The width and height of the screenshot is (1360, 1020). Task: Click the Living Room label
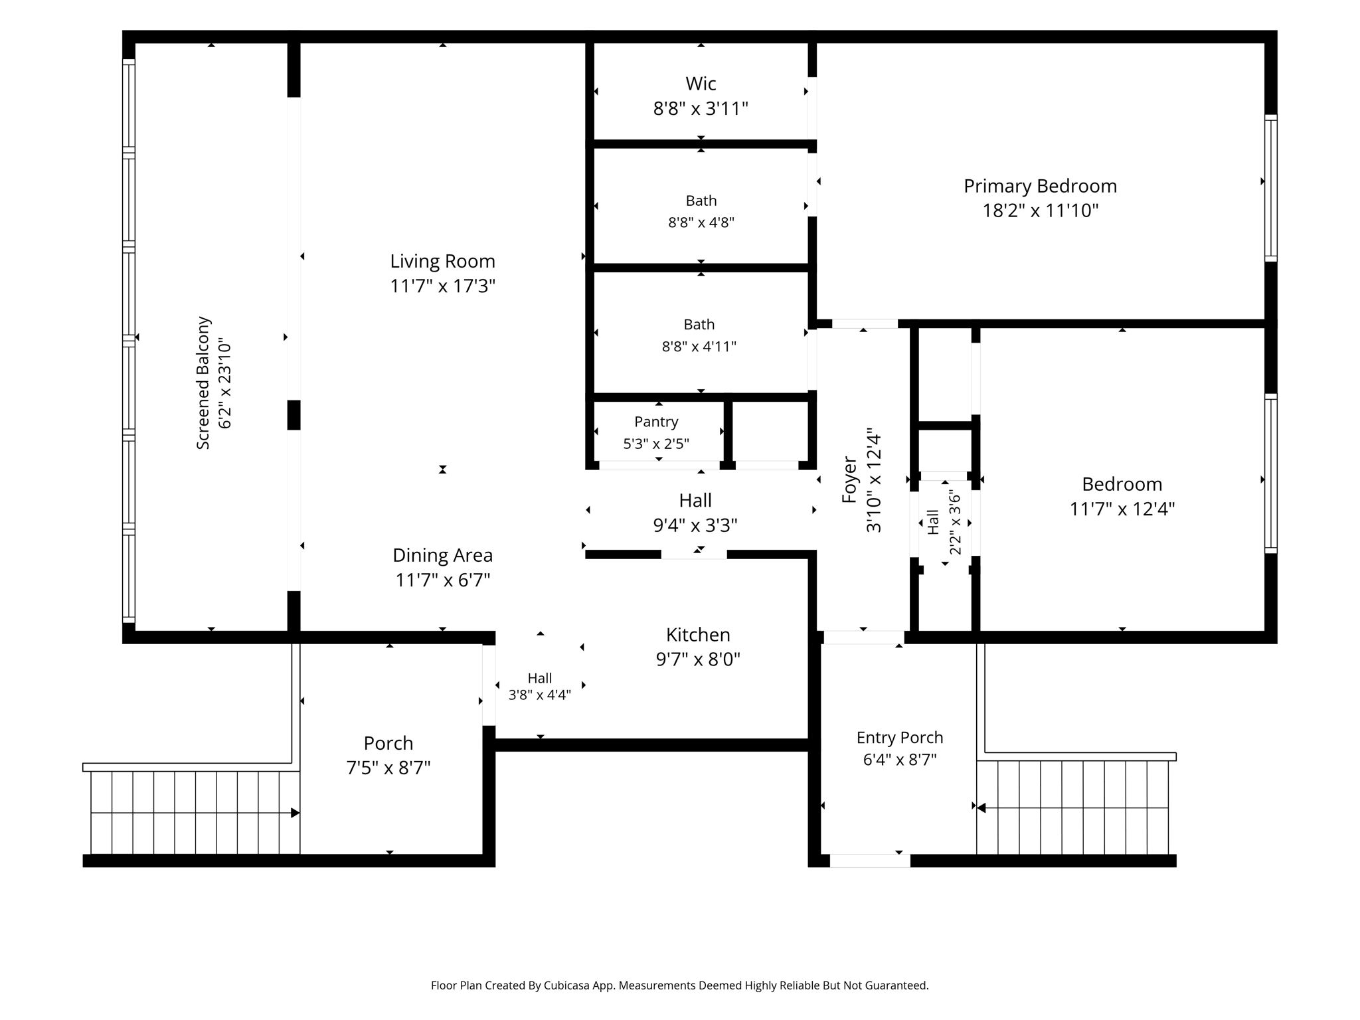point(442,261)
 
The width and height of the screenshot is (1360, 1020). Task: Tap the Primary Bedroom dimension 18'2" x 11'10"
point(1041,211)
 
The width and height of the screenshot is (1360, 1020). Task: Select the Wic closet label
point(701,84)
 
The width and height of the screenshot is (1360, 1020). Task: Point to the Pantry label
point(656,422)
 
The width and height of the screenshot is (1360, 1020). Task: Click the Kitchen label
point(698,635)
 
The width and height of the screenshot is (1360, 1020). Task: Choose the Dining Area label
point(442,555)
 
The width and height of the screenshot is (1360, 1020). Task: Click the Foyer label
point(849,479)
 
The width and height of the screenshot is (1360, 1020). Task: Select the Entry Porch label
point(900,738)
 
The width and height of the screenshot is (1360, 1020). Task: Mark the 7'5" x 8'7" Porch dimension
point(388,768)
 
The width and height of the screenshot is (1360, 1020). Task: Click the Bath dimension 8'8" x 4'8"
point(701,222)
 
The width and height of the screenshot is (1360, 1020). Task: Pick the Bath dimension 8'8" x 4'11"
point(699,347)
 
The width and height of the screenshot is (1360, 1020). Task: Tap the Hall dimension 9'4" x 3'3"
point(695,525)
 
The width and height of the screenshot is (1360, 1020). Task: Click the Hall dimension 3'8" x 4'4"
point(540,695)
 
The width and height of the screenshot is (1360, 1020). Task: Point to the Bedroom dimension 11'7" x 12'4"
point(1122,509)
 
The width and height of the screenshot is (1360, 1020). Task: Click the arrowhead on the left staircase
point(296,813)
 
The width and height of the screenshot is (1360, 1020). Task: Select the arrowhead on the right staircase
point(981,807)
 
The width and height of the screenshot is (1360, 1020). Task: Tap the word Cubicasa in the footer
point(566,985)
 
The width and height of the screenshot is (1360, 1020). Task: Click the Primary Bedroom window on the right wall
point(1270,188)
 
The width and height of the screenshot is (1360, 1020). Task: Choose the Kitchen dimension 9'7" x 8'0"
point(698,659)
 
